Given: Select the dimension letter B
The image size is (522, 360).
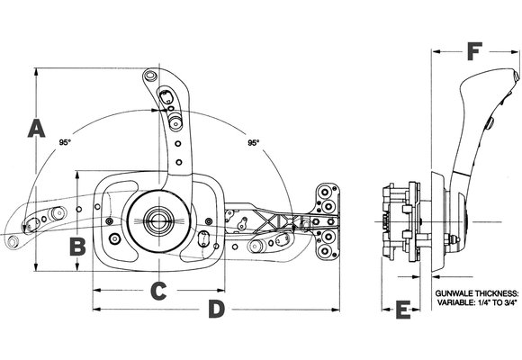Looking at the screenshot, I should coord(78,244).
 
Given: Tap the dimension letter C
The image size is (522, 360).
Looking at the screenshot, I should coord(157,291).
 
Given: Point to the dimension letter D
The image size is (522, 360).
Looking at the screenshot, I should coord(215,310).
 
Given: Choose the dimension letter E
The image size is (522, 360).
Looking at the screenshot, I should coord(402,311).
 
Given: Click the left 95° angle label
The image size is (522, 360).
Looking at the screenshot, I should coord(64,142).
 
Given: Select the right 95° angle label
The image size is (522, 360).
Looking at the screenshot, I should coord(253,142).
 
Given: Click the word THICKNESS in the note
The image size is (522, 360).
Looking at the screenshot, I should coord(497,294).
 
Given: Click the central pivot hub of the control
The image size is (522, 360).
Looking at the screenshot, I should coord(160,220).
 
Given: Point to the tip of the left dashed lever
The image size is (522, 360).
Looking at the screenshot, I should coord(12,241).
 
